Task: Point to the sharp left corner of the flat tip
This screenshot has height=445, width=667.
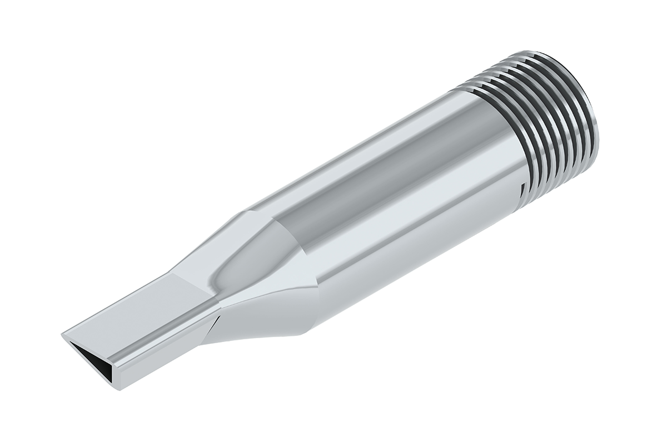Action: click(x=62, y=335)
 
